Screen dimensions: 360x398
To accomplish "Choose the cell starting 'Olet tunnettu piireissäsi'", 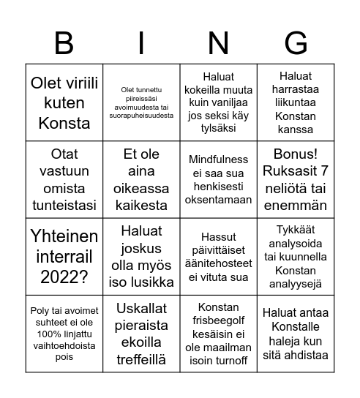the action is [x=141, y=102].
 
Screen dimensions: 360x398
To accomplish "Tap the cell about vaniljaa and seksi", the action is [x=218, y=102].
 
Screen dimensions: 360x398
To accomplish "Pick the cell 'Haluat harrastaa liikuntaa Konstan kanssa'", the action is [x=295, y=102].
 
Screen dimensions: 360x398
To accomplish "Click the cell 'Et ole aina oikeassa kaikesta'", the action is [x=141, y=180].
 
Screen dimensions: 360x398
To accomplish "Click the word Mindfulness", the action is [x=218, y=159].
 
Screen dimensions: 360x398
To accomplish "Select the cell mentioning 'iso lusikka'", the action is [x=141, y=256].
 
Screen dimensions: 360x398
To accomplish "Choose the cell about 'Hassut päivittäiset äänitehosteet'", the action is [x=218, y=256].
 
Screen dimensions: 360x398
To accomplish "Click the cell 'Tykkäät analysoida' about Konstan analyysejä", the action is [x=295, y=256].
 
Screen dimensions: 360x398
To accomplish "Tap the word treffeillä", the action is [x=141, y=359].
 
